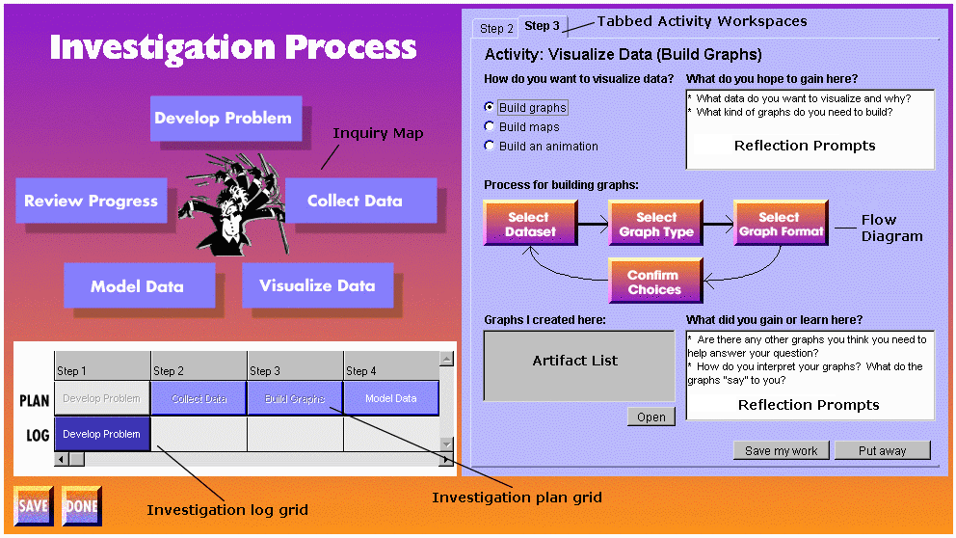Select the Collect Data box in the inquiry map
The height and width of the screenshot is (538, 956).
click(355, 201)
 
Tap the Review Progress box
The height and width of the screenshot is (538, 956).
click(91, 201)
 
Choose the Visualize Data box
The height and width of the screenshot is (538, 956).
click(317, 285)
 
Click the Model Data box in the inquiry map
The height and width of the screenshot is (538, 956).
click(137, 286)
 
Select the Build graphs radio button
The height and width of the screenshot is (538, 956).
click(491, 107)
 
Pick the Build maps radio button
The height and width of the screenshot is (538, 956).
click(491, 126)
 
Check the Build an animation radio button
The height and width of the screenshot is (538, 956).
click(491, 146)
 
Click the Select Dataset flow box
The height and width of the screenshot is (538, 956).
click(528, 224)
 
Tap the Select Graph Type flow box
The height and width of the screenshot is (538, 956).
click(655, 224)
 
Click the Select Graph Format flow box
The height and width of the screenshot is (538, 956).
click(780, 224)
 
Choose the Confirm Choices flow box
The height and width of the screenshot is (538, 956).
click(654, 282)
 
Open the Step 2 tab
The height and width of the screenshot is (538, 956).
click(497, 29)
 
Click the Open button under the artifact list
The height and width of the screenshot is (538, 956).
click(651, 417)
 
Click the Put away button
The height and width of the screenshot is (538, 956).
click(882, 450)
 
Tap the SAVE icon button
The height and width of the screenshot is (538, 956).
click(33, 505)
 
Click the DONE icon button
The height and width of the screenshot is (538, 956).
click(81, 505)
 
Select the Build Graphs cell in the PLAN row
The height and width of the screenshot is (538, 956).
click(295, 398)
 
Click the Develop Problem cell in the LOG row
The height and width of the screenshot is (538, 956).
click(102, 434)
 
